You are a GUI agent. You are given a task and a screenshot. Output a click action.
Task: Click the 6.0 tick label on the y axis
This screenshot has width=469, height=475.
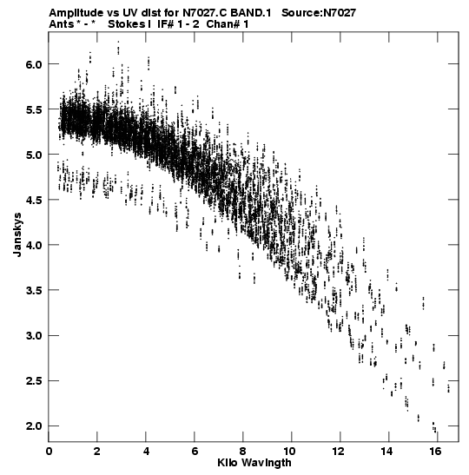[33, 64]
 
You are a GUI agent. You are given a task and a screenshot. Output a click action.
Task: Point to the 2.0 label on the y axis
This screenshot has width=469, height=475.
[33, 426]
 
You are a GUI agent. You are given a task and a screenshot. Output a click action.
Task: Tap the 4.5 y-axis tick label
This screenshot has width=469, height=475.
[33, 200]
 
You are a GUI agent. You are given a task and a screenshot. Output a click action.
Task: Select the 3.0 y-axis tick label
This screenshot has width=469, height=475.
[33, 336]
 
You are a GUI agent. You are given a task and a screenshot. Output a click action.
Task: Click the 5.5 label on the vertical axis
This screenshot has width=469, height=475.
[33, 109]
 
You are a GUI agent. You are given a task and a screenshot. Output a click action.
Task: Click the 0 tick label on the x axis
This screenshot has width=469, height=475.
[49, 452]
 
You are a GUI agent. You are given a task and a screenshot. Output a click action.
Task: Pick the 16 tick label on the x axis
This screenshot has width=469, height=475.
[435, 452]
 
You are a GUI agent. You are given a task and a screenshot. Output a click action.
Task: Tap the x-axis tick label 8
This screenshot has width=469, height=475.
[242, 452]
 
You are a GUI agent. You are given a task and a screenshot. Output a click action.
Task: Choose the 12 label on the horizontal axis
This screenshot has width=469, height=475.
[339, 452]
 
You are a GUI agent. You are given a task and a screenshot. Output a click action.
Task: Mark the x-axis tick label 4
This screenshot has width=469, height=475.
[146, 452]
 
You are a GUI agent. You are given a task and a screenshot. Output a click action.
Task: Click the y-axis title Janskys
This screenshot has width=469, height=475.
[17, 234]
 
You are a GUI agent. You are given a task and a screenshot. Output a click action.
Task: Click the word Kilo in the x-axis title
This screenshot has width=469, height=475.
[227, 463]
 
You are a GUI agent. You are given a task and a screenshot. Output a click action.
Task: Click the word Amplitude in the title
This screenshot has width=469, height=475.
[76, 13]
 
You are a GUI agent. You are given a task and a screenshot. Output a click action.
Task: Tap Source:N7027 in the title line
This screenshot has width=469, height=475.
[319, 13]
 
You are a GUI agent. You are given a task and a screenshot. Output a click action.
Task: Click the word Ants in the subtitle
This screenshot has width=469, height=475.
[61, 24]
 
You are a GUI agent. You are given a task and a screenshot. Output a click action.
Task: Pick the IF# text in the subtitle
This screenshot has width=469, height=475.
[165, 24]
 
